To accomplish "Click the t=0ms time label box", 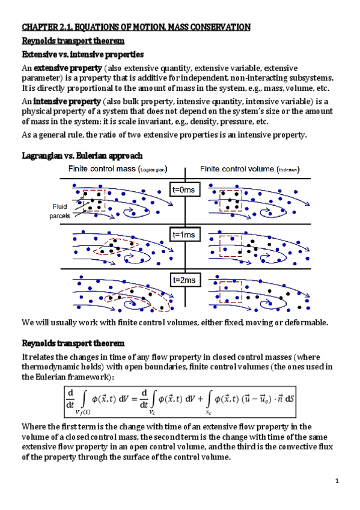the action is pyautogui.click(x=184, y=191).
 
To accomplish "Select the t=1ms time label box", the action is pyautogui.click(x=184, y=235).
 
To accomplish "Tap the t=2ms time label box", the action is pyautogui.click(x=184, y=280).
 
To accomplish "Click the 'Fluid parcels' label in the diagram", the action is pyautogui.click(x=59, y=211).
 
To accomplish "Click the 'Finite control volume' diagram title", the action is pyautogui.click(x=250, y=168).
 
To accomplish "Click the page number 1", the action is pyautogui.click(x=338, y=480).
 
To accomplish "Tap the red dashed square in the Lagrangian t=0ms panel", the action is pyautogui.click(x=94, y=200).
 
